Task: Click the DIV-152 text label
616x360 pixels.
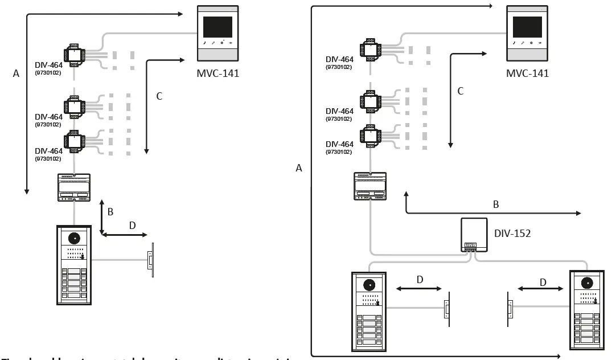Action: pos(512,233)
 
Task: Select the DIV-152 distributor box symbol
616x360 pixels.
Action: pos(474,235)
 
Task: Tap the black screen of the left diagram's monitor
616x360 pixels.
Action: pos(217,27)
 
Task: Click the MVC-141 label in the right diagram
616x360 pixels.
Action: pos(527,73)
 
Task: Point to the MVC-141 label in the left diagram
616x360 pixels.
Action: pos(217,73)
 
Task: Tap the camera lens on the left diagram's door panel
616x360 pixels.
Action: pos(74,238)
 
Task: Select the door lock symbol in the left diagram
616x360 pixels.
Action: pos(150,261)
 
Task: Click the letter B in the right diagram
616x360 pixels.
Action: pos(495,203)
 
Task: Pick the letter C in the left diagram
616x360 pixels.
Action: pos(159,96)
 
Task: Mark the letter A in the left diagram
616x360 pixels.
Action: pos(16,73)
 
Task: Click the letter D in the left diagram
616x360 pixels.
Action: pos(132,226)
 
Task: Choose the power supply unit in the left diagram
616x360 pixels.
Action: pos(74,187)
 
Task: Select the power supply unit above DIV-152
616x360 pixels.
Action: pos(370,186)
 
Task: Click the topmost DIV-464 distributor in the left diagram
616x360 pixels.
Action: pos(74,55)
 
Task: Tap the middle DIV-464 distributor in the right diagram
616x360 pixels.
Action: pos(370,103)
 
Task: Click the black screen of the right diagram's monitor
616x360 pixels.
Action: pos(527,27)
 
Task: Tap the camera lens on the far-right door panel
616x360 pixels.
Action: pos(586,283)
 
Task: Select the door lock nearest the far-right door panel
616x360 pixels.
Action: pos(510,308)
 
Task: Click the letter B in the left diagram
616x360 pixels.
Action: pos(110,212)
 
